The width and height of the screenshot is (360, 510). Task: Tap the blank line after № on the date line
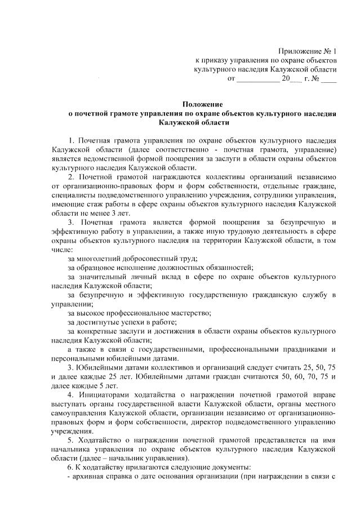(x=328, y=79)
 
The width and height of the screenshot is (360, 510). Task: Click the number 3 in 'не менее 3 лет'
(x=120, y=213)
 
